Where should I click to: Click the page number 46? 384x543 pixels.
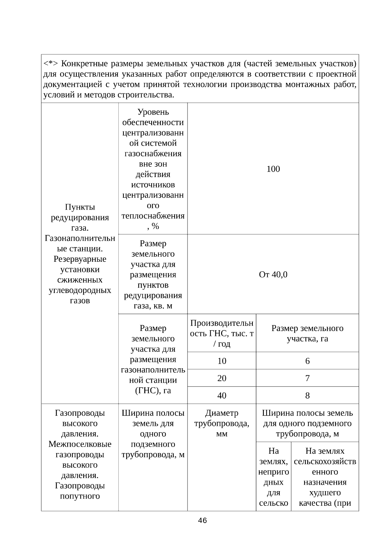coord(202,520)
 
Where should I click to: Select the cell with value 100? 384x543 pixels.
coord(273,169)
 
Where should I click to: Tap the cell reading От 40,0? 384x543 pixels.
coord(273,275)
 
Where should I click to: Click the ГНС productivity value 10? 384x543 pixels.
coord(222,361)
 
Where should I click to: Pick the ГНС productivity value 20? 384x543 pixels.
coord(222,378)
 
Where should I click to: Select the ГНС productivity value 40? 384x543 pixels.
coord(222,395)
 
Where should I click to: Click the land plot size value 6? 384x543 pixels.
coord(307,361)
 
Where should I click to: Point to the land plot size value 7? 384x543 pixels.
coord(307,378)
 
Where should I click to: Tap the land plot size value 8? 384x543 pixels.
coord(307,395)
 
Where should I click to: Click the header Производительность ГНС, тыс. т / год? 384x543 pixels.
coord(222,333)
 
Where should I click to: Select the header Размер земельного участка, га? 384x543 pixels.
coord(307,333)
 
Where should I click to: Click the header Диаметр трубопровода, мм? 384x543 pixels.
coord(222,423)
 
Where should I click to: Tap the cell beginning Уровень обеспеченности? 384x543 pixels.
coord(153,169)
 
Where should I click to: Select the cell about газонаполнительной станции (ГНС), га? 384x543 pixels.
coord(153,359)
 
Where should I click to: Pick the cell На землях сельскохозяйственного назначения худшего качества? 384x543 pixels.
coord(325,477)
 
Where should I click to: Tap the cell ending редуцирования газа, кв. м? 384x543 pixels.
coord(153,275)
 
